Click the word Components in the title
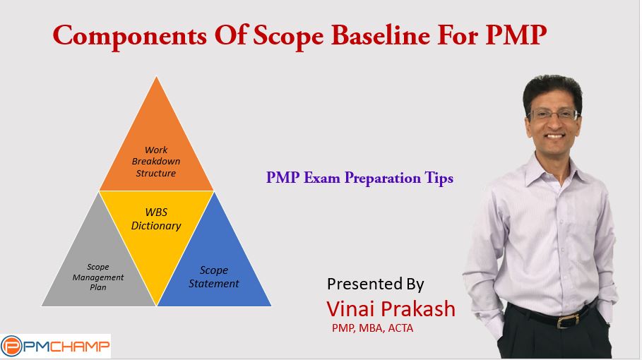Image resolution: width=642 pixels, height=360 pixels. pos(130,35)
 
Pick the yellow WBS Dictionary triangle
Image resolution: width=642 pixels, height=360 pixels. pos(156,229)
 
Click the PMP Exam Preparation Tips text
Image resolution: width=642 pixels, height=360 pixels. pos(359,178)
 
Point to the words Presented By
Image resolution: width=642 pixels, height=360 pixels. pos(376,284)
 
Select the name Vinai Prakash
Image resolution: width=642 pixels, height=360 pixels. pos(391,309)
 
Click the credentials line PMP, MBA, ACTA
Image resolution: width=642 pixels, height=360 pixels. pos(373,328)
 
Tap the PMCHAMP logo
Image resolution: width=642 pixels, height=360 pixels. pos(55,347)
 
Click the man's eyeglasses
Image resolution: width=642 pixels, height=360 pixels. pos(554,114)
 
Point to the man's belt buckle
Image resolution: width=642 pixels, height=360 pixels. pos(566,320)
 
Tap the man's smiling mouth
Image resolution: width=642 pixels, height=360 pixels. pos(556,136)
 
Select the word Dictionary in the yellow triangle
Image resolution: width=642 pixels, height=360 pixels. pos(156,226)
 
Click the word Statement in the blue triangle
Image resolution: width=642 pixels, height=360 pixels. pos(214,284)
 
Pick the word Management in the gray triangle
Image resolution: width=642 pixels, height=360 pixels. pos(98,277)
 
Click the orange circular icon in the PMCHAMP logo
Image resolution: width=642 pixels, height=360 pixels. pos(11,347)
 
